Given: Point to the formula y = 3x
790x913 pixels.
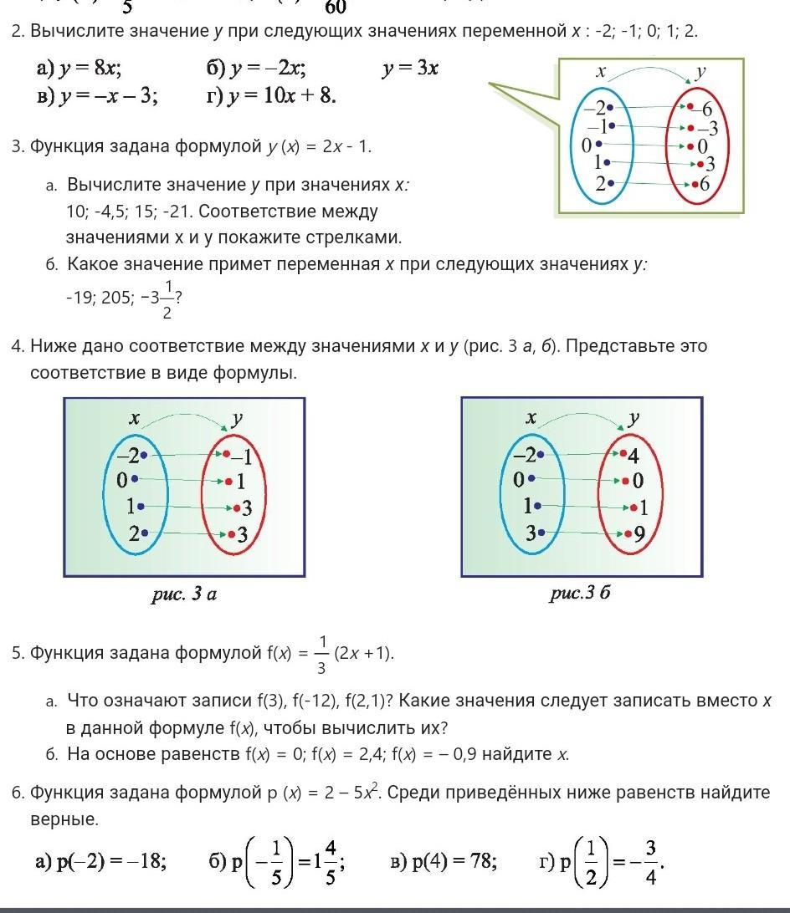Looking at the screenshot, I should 410,69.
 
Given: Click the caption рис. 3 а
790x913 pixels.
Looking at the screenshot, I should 184,594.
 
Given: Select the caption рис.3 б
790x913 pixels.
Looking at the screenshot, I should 580,594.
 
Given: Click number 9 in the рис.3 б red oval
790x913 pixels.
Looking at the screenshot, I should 639,533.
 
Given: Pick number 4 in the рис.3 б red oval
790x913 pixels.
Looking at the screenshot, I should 634,456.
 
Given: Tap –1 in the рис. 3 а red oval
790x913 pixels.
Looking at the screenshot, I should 241,456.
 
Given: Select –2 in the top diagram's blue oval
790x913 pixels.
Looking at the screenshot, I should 595,108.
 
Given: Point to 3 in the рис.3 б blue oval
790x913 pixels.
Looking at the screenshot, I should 529,533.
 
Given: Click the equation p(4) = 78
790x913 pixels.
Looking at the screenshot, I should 444,861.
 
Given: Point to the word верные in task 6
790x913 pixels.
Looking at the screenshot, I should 64,819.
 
